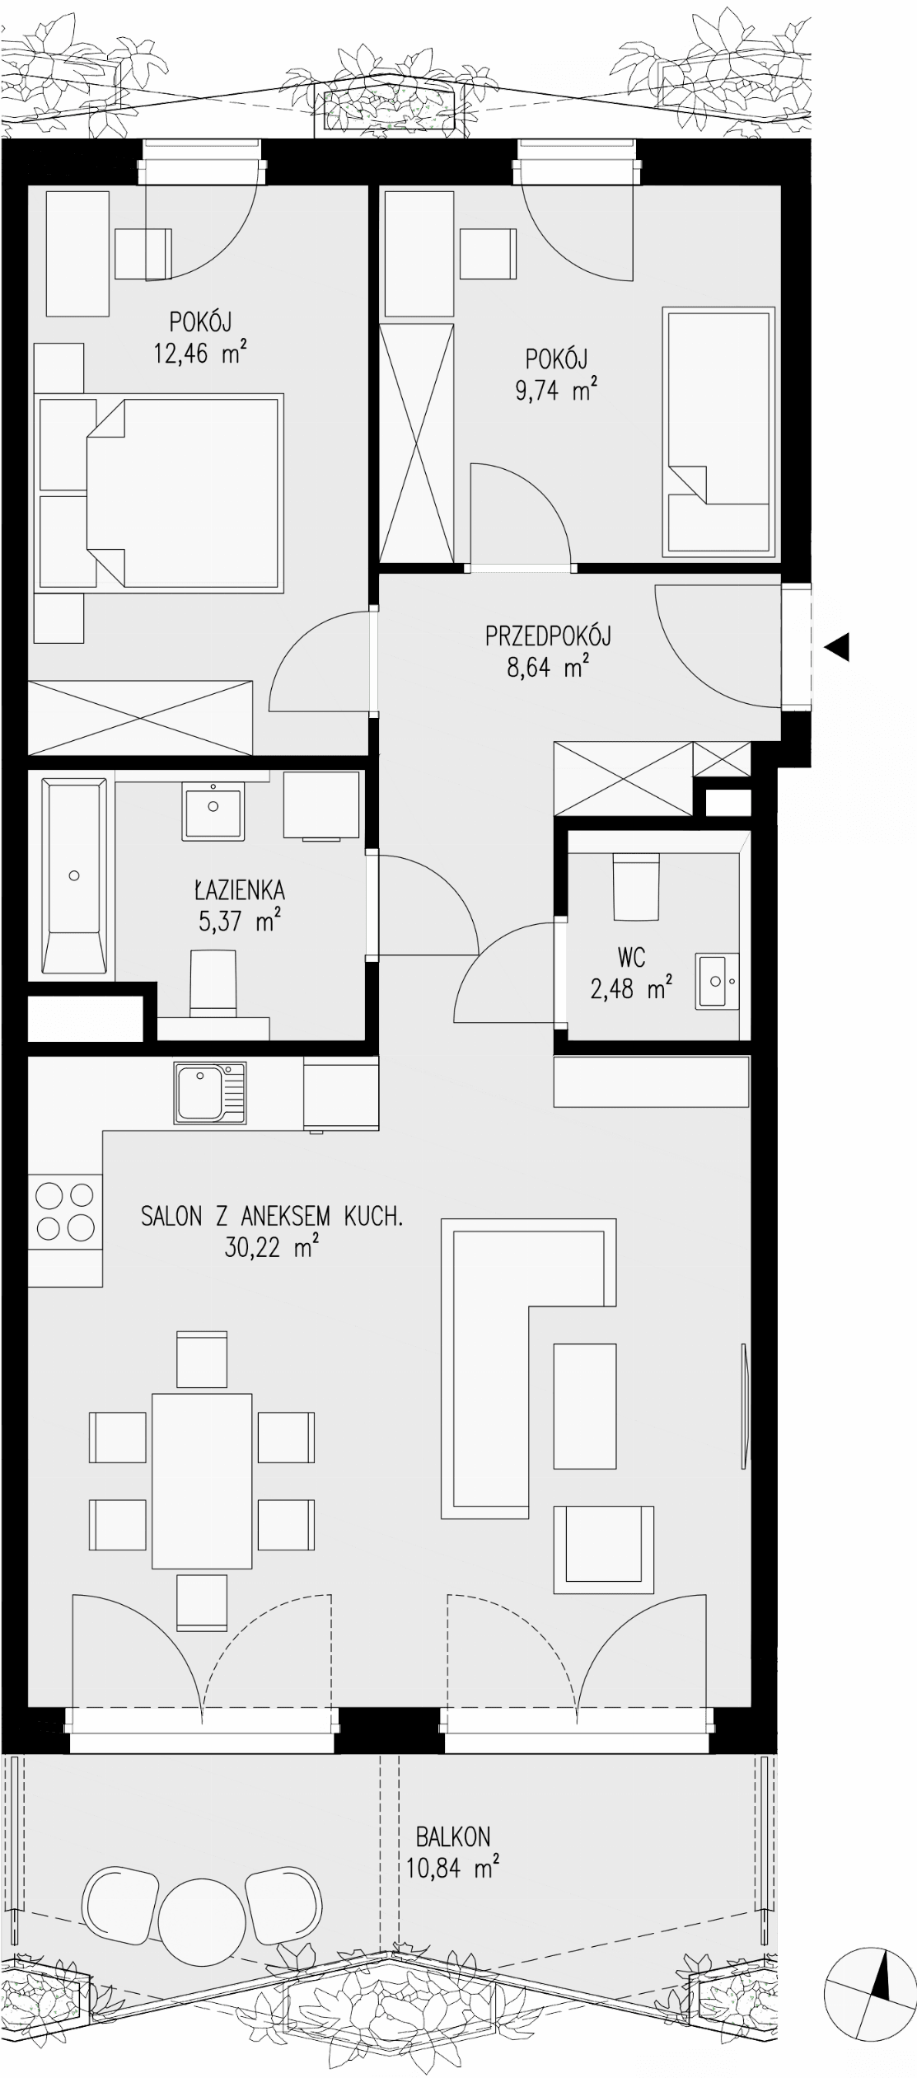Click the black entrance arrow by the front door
click(x=836, y=647)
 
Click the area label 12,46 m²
click(x=200, y=353)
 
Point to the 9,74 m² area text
click(x=556, y=389)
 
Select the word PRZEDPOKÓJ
click(x=548, y=636)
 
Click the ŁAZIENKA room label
click(x=240, y=889)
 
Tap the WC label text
click(x=631, y=957)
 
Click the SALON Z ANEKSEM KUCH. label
click(x=272, y=1216)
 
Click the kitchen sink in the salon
click(x=210, y=1093)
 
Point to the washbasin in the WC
click(x=718, y=981)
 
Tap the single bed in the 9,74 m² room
click(x=720, y=431)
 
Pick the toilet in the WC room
click(x=636, y=886)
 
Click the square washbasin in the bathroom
click(x=213, y=811)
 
